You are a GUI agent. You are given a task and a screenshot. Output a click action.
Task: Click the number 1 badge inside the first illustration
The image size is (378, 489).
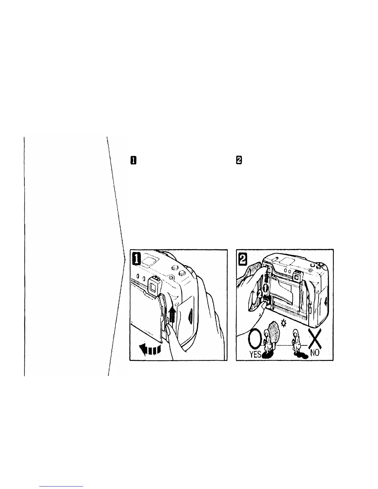coord(136,258)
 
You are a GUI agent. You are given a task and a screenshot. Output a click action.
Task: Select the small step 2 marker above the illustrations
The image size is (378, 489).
coord(239,160)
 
